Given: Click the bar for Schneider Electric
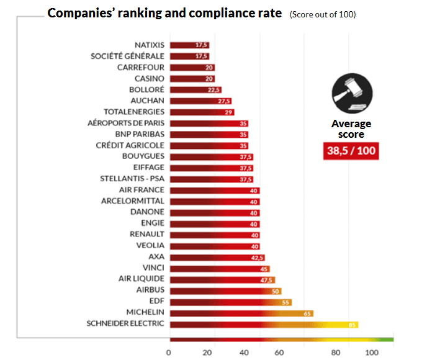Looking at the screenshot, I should (x=264, y=324).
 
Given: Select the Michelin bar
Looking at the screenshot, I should (x=241, y=313).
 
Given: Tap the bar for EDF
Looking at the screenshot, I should (x=230, y=302).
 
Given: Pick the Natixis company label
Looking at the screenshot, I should (x=150, y=45).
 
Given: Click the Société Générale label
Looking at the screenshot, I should (x=128, y=56).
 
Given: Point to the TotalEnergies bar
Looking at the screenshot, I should (x=199, y=112).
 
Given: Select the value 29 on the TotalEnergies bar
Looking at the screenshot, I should (x=228, y=112).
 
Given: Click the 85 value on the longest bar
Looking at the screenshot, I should (x=352, y=324).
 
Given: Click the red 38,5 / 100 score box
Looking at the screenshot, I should (x=351, y=150).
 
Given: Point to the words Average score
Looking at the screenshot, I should (x=351, y=128).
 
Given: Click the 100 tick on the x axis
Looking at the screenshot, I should (x=371, y=353).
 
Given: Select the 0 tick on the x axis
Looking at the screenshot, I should (x=169, y=353).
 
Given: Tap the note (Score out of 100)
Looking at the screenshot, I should (x=323, y=14).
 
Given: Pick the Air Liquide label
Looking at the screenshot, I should (x=141, y=279).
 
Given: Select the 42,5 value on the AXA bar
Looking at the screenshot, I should (x=256, y=257).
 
